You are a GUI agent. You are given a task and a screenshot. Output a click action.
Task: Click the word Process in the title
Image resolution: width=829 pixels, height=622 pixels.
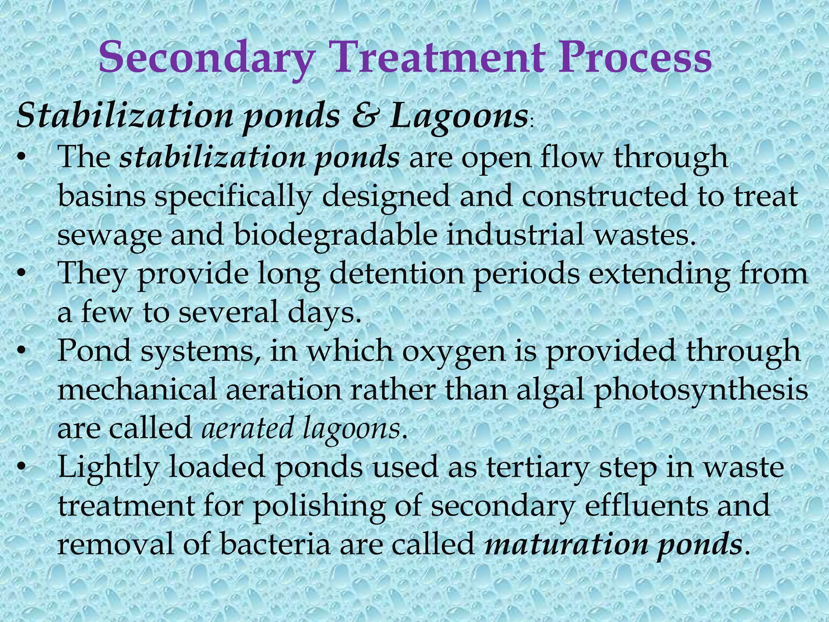[635, 58]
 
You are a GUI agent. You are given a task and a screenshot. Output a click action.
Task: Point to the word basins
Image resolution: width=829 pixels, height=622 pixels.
[102, 196]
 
